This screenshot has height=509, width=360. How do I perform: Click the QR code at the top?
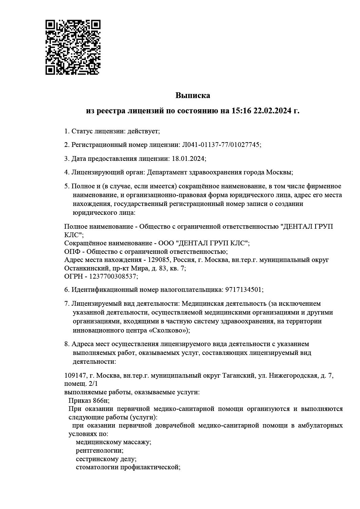(x=73, y=48)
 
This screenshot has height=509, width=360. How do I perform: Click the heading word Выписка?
(x=193, y=96)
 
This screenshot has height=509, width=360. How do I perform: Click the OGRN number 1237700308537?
(x=113, y=277)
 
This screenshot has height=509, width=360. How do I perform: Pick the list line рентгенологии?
(x=99, y=451)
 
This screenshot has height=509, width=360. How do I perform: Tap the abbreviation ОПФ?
(x=72, y=252)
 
